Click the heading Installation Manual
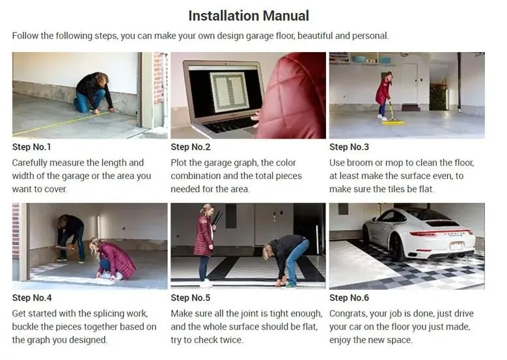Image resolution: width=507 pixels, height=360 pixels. [249, 16]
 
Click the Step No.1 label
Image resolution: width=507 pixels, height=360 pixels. [32, 147]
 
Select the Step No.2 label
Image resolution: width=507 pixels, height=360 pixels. [191, 147]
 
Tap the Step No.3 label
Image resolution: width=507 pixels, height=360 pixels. [349, 147]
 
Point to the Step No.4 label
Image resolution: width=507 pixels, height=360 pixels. [32, 298]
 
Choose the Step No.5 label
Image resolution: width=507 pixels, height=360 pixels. [191, 298]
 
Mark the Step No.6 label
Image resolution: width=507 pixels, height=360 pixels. [349, 298]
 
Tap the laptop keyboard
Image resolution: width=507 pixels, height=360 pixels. [230, 124]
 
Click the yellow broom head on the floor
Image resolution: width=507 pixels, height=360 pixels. [393, 122]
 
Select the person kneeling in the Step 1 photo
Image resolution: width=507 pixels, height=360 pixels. [94, 93]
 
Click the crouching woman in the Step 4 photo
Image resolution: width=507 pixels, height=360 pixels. [112, 259]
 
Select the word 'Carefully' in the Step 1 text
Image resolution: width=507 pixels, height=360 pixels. [29, 163]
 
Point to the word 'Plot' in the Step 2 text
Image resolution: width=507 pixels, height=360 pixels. [178, 163]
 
